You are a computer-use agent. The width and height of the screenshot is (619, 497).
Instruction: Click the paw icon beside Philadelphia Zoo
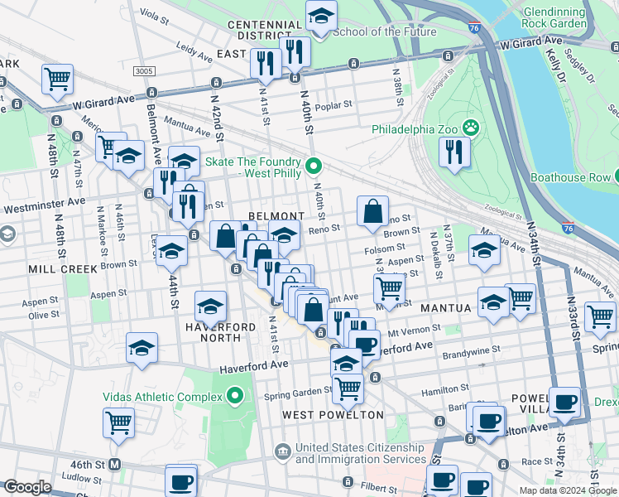pyautogui.click(x=471, y=128)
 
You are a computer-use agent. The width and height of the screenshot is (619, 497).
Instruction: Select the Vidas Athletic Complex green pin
pyautogui.click(x=236, y=396)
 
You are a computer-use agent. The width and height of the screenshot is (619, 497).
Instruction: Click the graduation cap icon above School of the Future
pyautogui.click(x=321, y=15)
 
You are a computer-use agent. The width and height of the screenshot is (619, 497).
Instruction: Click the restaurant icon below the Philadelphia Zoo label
pyautogui.click(x=454, y=152)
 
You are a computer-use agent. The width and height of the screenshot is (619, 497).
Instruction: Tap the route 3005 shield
pyautogui.click(x=145, y=71)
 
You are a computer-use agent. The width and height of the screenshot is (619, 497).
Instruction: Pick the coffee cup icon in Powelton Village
pyautogui.click(x=566, y=403)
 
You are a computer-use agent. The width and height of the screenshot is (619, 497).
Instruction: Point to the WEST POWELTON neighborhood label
pyautogui.click(x=333, y=414)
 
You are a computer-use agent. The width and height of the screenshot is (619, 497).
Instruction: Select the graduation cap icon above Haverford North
pyautogui.click(x=211, y=306)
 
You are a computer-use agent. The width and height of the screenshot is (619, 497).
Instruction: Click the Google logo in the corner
pyautogui.click(x=27, y=487)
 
